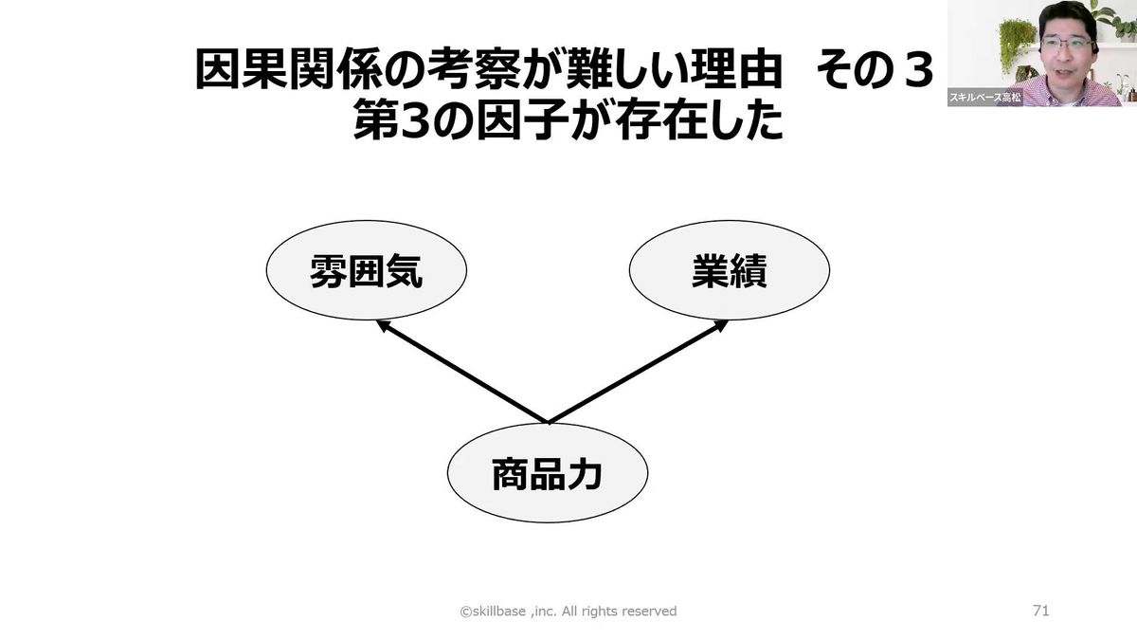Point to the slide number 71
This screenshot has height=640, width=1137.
coord(1040,611)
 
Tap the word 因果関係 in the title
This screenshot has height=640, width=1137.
coord(269,72)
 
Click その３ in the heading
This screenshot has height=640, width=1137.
coord(876,72)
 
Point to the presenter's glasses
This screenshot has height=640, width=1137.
coord(1066,44)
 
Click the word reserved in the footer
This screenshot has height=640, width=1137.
coord(648,612)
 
